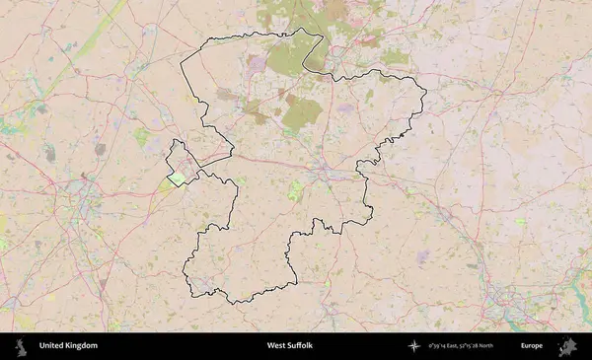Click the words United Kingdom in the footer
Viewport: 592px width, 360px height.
coord(68,346)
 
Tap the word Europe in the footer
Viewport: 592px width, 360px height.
coord(532,346)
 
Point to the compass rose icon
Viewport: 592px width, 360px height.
coord(414,346)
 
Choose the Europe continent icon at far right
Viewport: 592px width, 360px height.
coord(568,346)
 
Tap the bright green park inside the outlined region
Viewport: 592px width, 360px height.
coord(295,189)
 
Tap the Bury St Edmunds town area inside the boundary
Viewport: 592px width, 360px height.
coord(327,175)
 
